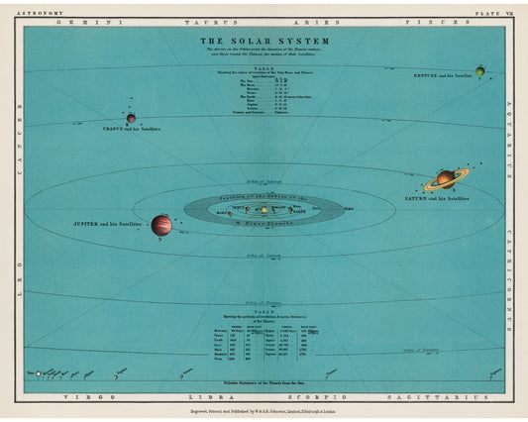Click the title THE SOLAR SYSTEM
click(264, 42)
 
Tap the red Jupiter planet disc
click(161, 225)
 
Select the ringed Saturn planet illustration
click(446, 179)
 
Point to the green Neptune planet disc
click(479, 70)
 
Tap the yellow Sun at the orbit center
click(264, 210)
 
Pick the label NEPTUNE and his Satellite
click(442, 75)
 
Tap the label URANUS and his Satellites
click(131, 129)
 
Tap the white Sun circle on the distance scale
click(38, 374)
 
